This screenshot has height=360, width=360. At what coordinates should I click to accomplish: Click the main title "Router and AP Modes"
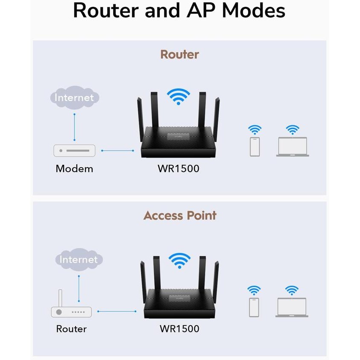pos(179,11)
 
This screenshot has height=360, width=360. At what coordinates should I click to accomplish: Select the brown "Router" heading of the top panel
pos(179,55)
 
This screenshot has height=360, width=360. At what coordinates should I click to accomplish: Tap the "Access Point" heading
pos(180,215)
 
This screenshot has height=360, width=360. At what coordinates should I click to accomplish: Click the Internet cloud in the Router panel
pos(74,97)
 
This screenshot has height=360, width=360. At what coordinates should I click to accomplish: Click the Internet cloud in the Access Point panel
pos(79,259)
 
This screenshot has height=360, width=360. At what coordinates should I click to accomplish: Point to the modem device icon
pos(74,150)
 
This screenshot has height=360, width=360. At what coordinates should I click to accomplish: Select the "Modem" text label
pos(74,169)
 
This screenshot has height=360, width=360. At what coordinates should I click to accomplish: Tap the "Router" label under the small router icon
pos(71,329)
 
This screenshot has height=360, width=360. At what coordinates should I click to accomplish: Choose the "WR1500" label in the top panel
pos(179,169)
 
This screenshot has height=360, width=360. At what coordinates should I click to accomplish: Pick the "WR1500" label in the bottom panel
pos(179,329)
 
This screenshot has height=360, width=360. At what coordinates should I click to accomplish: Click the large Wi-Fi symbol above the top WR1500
pos(179,97)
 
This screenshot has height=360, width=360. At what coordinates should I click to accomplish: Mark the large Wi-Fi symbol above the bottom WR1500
pos(180,260)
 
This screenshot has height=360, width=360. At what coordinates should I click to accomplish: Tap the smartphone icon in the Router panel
pos(255,146)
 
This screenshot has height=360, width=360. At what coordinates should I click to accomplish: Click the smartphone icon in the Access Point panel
pos(255,307)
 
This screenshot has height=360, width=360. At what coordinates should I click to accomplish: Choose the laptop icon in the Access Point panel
pos(292,307)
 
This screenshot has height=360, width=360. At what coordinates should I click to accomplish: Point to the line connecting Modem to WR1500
pos(117,150)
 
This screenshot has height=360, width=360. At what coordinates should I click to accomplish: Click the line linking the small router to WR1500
pos(117,312)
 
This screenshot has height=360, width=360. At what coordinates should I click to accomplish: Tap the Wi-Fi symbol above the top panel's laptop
pos(293,129)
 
